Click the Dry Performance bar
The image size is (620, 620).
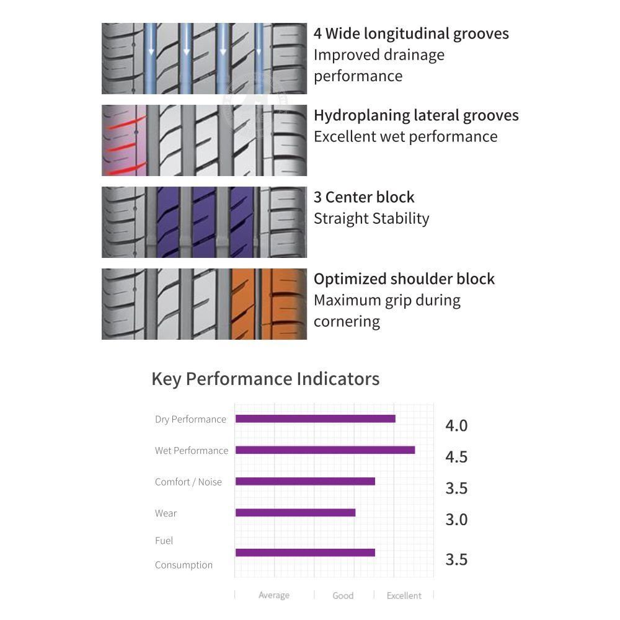coord(315,418)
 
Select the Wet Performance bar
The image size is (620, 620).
coord(325,450)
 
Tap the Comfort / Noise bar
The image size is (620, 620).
coord(305,481)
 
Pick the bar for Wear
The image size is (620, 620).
coord(295,513)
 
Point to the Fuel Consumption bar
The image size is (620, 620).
coord(305,552)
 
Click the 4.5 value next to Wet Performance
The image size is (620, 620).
coord(456,457)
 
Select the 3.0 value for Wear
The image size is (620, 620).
coord(456,520)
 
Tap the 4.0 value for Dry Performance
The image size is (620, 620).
coord(456,426)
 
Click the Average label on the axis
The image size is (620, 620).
coord(274,595)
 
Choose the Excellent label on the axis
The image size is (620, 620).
coord(404,595)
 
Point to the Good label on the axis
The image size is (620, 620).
coord(343,595)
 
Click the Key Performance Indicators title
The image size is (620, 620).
coord(266,379)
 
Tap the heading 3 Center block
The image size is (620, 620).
coord(364,197)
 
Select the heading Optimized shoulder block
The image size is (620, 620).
coord(404,279)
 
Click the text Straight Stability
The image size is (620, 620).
coord(371,219)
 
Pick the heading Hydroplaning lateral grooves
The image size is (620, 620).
coord(416,115)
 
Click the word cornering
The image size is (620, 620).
coord(347,322)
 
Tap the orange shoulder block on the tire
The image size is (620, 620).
coord(269,304)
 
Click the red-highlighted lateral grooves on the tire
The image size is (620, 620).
coord(124,140)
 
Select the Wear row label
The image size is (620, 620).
coord(166,513)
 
